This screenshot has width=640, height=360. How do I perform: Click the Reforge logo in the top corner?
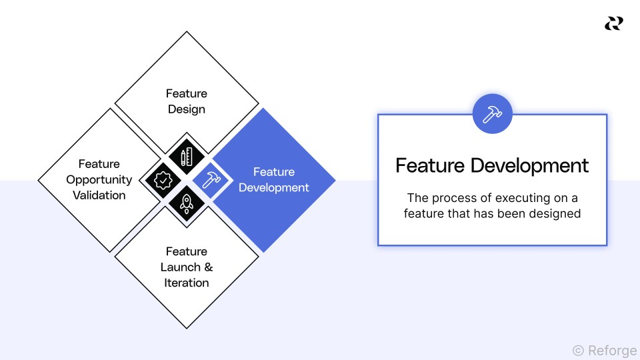[613, 24]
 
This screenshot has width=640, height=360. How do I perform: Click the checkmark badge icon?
[163, 180]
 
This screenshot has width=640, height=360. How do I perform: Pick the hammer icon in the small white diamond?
[210, 180]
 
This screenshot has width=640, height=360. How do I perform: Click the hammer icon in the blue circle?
[492, 114]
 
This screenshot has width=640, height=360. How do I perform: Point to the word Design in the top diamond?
[187, 109]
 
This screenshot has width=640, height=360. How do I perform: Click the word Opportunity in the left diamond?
[99, 179]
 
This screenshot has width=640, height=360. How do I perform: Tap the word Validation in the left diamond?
[99, 195]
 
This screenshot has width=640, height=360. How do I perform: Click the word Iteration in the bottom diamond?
[187, 283]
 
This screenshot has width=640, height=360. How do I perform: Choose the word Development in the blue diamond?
[273, 187]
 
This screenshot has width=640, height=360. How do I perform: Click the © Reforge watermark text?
[604, 350]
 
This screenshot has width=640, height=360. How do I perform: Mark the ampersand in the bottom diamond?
[208, 267]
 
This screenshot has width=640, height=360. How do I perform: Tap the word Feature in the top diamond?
[187, 93]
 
